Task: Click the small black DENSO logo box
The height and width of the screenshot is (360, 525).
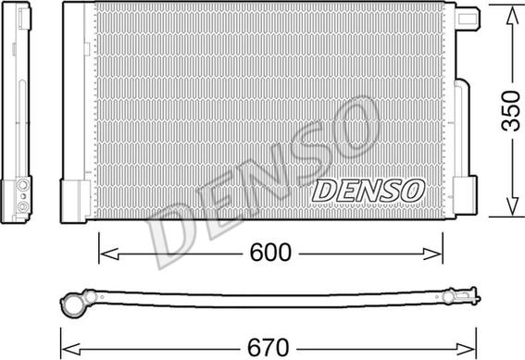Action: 368,190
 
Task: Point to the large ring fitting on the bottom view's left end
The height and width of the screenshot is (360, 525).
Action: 74,301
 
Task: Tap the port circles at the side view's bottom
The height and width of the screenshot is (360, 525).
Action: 20,195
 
